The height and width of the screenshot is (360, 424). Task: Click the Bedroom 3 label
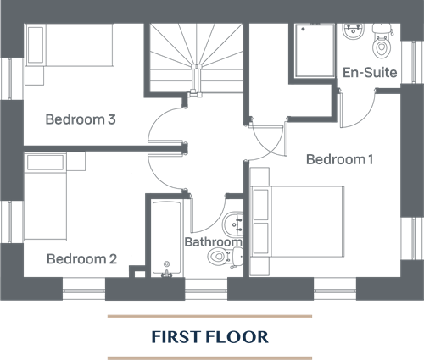81,119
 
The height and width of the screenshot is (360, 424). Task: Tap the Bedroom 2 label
81,259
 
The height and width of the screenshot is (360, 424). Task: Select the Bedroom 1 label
339,159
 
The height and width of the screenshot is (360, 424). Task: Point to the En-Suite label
370,72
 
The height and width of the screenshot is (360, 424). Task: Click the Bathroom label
214,242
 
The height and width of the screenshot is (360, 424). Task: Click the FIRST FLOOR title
209,337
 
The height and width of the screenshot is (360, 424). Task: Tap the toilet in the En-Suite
382,42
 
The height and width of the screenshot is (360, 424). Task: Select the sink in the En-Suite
354,32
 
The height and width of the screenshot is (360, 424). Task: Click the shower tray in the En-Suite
315,51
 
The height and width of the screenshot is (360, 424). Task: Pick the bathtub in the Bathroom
166,238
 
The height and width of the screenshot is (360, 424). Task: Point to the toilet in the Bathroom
226,257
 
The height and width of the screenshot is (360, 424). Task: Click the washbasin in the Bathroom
233,224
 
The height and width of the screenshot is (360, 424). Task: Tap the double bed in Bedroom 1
298,222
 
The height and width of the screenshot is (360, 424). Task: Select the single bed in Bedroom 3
70,45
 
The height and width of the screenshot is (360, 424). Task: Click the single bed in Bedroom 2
45,197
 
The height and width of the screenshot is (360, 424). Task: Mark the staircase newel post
196,67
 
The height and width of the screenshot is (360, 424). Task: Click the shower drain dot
303,29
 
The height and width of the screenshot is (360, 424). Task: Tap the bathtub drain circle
166,264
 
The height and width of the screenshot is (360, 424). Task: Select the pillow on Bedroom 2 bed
45,163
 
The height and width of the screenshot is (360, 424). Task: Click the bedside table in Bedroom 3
34,75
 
